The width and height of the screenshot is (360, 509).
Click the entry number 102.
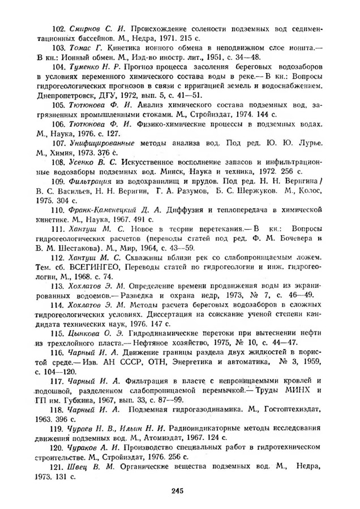coord(58,28)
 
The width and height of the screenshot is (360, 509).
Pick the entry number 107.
coord(58,144)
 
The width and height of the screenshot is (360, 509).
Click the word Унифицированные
coord(101,144)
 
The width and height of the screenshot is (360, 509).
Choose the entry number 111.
coord(58,230)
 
